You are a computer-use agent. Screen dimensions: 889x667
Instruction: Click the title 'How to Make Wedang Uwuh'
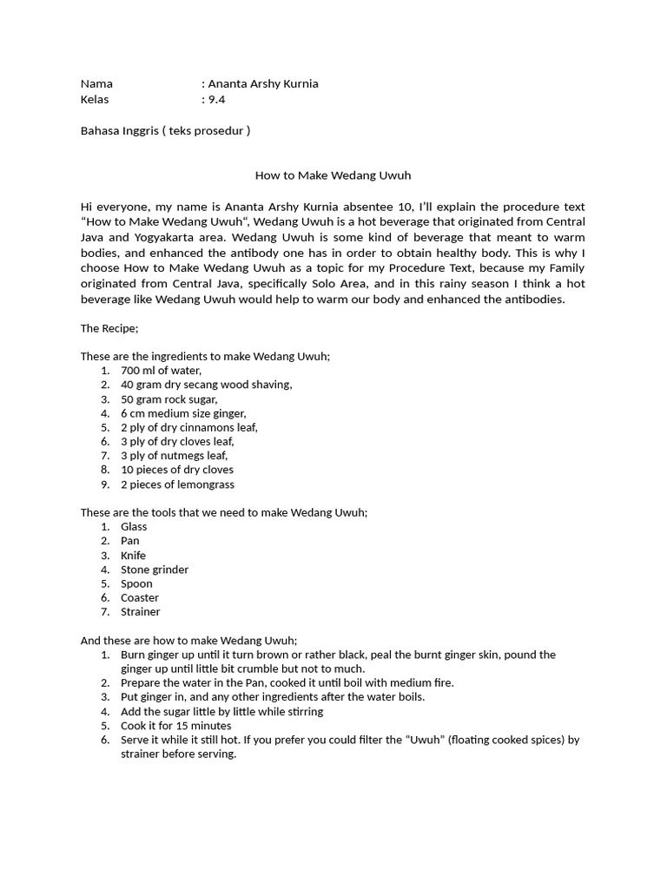333,175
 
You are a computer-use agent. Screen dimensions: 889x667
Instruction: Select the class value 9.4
216,99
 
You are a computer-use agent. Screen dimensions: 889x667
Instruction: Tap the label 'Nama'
96,84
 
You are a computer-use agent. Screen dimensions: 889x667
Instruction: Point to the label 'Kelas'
95,99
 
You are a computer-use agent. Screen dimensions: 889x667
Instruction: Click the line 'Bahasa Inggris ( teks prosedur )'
165,131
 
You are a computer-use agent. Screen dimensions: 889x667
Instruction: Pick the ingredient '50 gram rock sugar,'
169,399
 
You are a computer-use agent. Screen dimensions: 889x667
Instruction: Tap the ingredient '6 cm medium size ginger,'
183,413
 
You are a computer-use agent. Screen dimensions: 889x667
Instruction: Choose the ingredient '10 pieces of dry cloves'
177,470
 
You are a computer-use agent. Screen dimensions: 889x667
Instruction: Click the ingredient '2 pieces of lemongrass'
177,484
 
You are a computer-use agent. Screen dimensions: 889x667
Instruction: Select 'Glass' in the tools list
134,527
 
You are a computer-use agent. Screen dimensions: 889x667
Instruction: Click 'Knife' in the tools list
133,556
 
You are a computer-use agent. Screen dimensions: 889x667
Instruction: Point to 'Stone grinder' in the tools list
155,570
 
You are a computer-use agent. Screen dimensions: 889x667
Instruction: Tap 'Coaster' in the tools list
140,598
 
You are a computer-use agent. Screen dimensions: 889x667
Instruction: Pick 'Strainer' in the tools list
141,612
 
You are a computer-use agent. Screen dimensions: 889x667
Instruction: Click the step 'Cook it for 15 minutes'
176,726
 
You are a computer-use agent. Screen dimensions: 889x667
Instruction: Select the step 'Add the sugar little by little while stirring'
221,712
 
